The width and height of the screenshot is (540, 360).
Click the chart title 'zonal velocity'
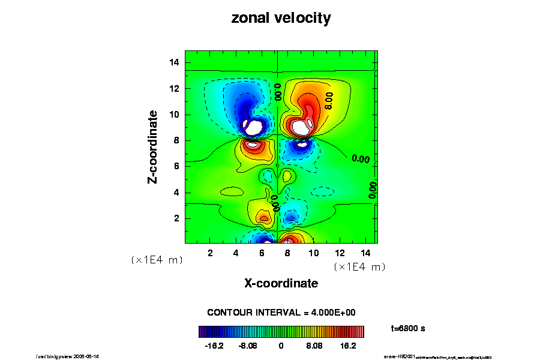pos(281,18)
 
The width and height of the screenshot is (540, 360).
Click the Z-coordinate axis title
pos(154,146)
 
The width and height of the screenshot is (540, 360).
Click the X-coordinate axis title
pos(281,283)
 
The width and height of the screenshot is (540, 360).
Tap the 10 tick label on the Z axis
pos(174,115)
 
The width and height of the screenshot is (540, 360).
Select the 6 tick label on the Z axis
pos(176,166)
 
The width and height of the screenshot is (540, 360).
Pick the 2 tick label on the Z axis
pos(176,218)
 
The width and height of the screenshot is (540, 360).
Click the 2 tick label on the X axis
pos(210,253)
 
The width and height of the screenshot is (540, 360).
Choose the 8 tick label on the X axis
pos(288,253)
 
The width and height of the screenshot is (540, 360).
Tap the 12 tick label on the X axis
pos(340,253)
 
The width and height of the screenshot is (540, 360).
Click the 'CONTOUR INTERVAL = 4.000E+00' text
pos(281,313)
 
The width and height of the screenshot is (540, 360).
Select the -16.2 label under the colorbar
pos(214,346)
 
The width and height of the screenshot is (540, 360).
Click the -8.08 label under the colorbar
pos(247,346)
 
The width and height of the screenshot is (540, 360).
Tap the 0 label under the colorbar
pos(281,346)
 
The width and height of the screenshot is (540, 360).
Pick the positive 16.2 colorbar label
pos(349,346)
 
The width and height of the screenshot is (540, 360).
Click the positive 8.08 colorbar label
pos(314,346)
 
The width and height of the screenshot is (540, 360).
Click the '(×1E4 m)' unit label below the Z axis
pos(157,260)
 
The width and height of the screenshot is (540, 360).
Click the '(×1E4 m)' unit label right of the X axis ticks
pos(359,266)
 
